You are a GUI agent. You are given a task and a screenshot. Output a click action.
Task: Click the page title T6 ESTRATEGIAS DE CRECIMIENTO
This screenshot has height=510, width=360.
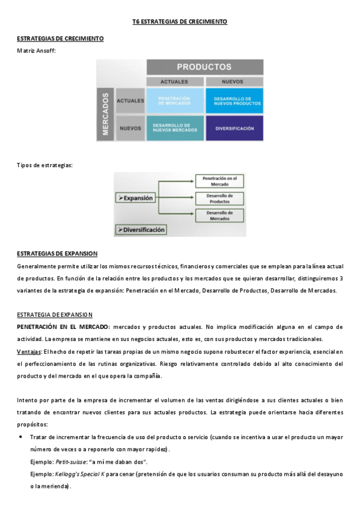[180, 22]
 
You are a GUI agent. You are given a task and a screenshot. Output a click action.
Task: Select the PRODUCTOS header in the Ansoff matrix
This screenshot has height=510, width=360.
[204, 67]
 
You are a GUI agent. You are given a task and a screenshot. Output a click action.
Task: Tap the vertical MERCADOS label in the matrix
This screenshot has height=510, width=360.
[105, 114]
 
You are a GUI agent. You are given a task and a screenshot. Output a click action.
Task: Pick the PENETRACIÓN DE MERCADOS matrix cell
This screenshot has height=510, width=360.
[174, 100]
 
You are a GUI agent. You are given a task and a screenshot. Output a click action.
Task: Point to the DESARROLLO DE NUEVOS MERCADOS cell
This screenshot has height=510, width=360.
[174, 127]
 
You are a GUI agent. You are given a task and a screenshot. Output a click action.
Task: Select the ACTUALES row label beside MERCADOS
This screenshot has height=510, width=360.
[130, 100]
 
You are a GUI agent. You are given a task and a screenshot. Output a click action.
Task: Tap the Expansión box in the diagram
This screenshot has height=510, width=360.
[136, 197]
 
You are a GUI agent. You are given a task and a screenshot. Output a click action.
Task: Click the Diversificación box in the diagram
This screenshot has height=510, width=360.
[141, 229]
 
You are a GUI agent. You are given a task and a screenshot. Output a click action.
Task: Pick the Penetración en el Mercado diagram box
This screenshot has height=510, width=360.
[219, 180]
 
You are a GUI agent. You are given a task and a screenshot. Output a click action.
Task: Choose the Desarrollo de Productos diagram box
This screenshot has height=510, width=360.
[219, 198]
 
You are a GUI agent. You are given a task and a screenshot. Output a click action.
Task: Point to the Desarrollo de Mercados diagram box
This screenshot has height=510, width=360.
[219, 215]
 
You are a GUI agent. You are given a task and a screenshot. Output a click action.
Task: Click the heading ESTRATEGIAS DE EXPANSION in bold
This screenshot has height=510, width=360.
[57, 253]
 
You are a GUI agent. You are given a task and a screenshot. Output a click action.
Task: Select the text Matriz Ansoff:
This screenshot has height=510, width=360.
[36, 51]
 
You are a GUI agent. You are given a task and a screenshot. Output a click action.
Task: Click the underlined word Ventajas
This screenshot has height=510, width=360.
[28, 351]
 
